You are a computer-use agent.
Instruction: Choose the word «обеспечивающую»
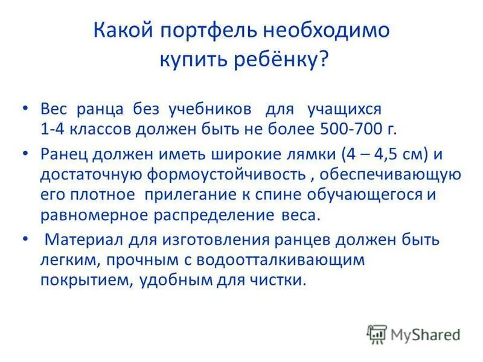[x=392, y=175]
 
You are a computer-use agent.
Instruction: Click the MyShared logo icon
[x=377, y=334]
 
